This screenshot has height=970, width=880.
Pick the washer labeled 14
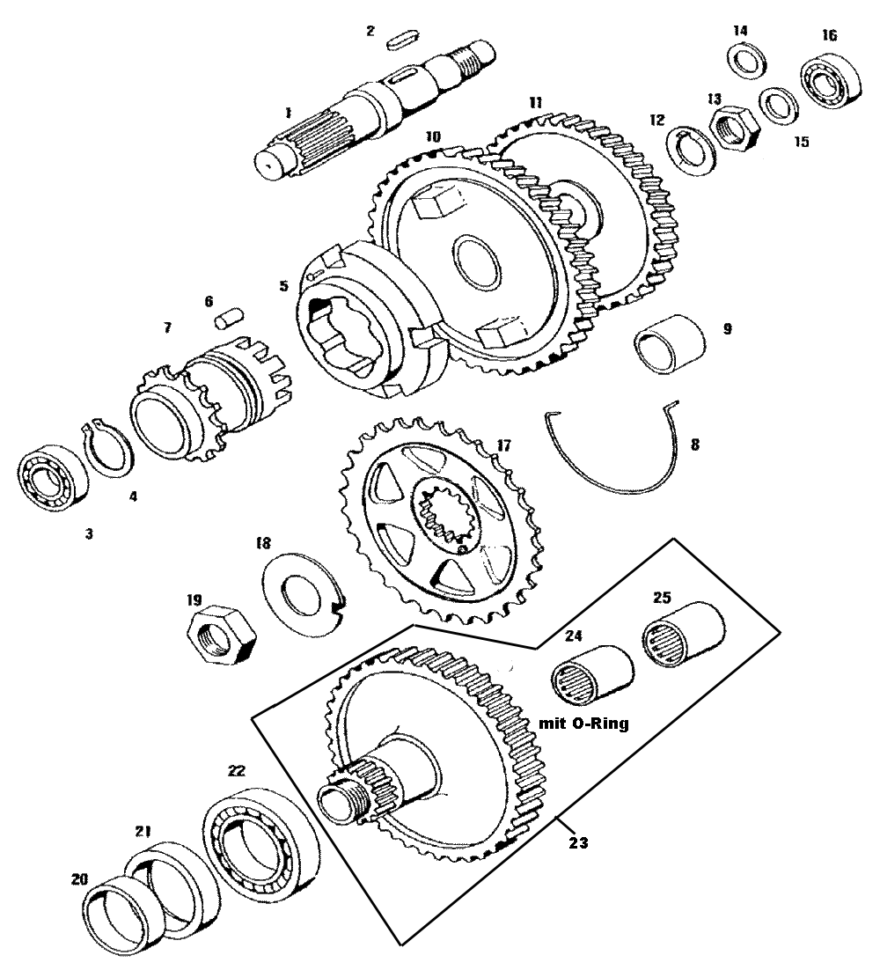click(746, 65)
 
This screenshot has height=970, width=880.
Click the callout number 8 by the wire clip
click(694, 445)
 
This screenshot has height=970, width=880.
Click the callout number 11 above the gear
click(535, 102)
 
